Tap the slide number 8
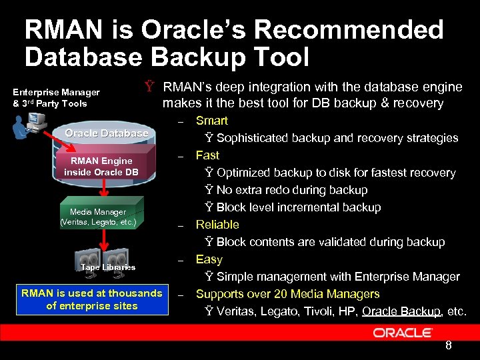(449, 345)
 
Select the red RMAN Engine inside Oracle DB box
(101, 166)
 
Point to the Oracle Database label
(107, 133)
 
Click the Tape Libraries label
(108, 267)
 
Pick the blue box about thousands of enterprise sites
(92, 299)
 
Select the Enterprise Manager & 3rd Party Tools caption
(57, 97)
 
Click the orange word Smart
(211, 121)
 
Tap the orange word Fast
(207, 155)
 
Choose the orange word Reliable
(217, 225)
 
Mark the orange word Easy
(209, 259)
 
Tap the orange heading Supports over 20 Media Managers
(287, 294)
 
